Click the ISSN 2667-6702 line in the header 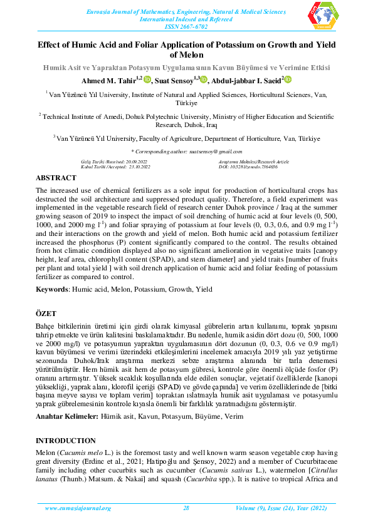[x=186, y=27]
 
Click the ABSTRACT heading [x=56, y=178]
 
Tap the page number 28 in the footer [x=186, y=508]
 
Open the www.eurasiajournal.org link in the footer [x=78, y=508]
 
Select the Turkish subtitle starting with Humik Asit [x=186, y=67]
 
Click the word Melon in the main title [x=186, y=55]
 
